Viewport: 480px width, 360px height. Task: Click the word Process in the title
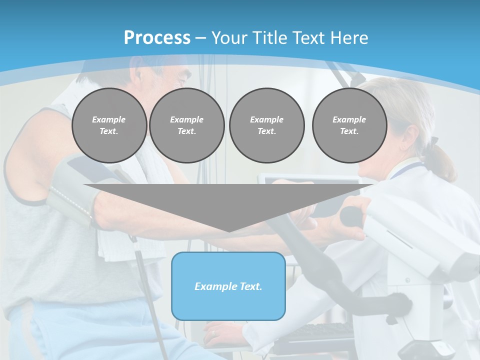coord(157,38)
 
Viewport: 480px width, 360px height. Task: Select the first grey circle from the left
coord(109,125)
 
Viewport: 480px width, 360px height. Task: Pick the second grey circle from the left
coord(186,125)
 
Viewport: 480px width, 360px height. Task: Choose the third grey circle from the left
coord(266,125)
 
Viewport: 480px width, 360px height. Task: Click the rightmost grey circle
coord(349,125)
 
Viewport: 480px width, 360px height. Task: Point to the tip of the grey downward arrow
coord(228,231)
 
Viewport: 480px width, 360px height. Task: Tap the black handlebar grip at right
coord(352,215)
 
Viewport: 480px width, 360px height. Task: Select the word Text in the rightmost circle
coord(349,131)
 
